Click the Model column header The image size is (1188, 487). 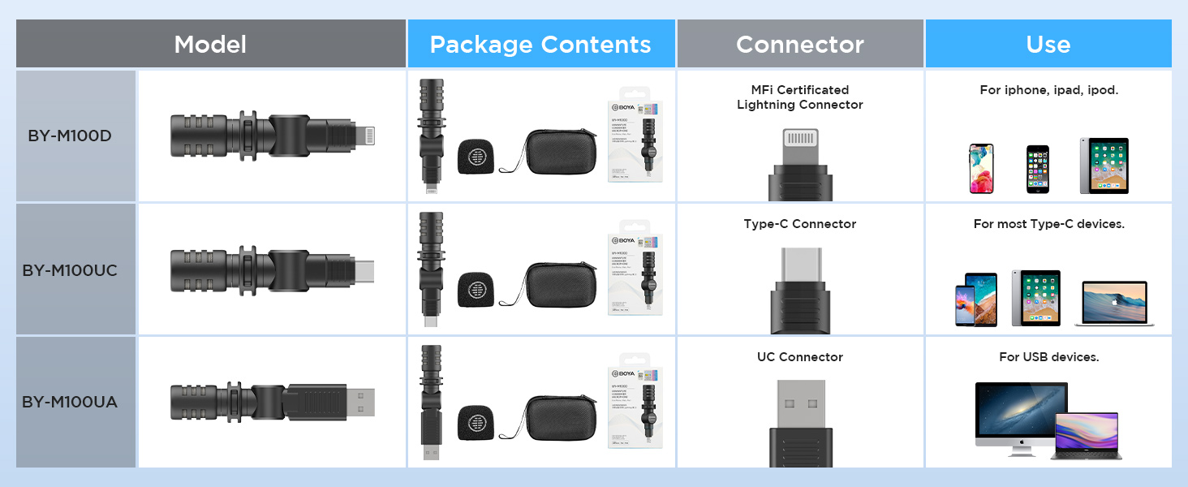tap(210, 44)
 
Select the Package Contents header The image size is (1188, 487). tap(540, 44)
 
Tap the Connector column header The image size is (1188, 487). tap(800, 44)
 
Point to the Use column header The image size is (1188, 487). tap(1048, 44)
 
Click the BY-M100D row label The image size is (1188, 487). tap(70, 136)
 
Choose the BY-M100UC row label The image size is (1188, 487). tap(70, 269)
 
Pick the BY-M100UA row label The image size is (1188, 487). tap(70, 402)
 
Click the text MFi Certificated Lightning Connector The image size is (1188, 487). tap(800, 97)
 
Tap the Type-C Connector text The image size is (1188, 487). tap(800, 224)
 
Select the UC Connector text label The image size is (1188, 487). tap(800, 357)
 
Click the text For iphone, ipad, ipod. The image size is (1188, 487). tap(1048, 90)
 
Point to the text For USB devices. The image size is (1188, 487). tap(1048, 357)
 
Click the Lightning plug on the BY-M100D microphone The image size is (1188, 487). tap(366, 135)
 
